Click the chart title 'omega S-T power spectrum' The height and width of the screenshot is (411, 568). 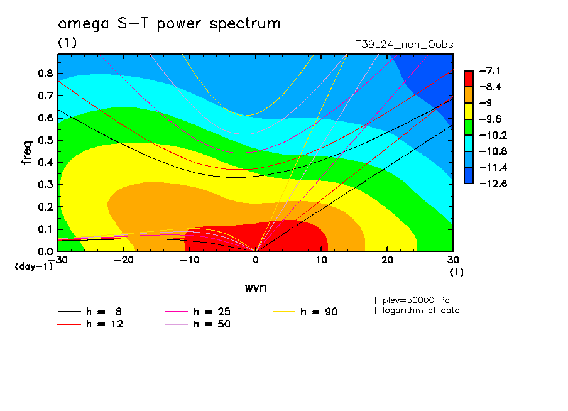click(169, 24)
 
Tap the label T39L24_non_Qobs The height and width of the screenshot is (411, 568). click(404, 45)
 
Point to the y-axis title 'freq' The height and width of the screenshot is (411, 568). click(26, 153)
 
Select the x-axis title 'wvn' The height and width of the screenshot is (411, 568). click(255, 287)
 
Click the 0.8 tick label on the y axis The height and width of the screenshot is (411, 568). click(44, 73)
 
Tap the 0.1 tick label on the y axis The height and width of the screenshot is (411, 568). click(44, 229)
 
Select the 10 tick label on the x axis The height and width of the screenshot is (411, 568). click(321, 260)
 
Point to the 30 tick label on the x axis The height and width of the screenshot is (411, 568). click(452, 260)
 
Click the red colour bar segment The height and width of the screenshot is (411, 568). click(469, 79)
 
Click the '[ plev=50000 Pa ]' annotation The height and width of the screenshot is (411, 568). click(415, 299)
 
